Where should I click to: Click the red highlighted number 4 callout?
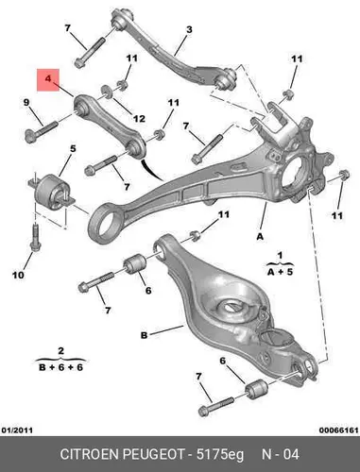[x=48, y=79]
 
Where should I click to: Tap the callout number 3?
[x=189, y=30]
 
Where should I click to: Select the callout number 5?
[x=73, y=148]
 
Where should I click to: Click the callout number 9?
[x=26, y=102]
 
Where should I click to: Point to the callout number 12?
[x=139, y=119]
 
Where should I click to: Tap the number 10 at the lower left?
[x=18, y=275]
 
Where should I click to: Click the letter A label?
[x=260, y=236]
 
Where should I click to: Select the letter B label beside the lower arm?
[x=144, y=335]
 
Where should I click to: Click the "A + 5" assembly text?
[x=280, y=272]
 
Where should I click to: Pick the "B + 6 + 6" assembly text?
[x=60, y=367]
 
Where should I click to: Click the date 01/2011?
[x=17, y=430]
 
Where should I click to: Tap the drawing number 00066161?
[x=339, y=430]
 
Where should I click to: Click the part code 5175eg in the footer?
[x=220, y=455]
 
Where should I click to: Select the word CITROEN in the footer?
[x=90, y=454]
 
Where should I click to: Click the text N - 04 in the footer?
[x=281, y=454]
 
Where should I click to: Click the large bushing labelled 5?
[x=51, y=191]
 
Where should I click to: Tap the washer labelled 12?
[x=108, y=92]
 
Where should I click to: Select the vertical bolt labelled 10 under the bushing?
[x=34, y=237]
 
